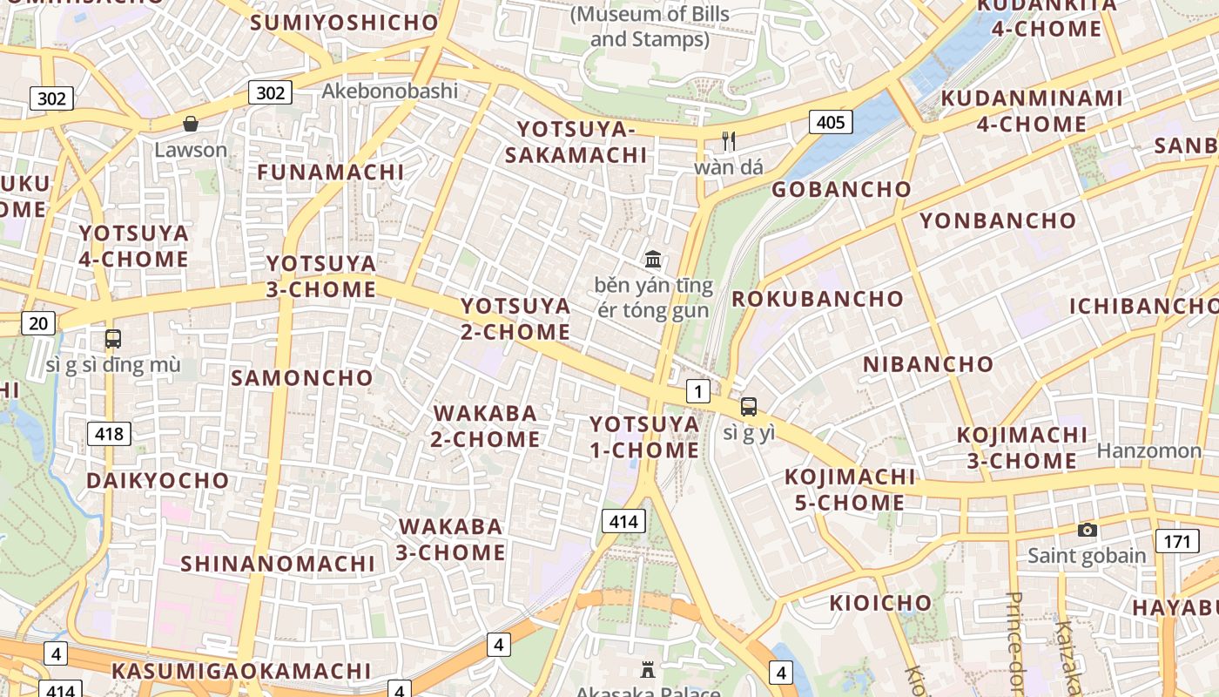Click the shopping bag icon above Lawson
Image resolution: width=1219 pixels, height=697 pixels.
point(191,125)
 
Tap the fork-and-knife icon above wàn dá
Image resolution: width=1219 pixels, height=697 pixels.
point(729,140)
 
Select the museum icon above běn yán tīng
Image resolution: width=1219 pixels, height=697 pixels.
point(653,259)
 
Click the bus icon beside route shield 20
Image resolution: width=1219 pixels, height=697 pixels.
point(112,339)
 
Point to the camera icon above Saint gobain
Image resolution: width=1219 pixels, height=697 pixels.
point(1087,530)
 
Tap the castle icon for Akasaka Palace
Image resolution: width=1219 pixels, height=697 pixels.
point(647,670)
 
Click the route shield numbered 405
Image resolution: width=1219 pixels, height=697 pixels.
point(830,122)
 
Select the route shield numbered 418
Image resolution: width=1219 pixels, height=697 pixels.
point(109,433)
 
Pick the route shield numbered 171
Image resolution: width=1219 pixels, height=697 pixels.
point(1176,541)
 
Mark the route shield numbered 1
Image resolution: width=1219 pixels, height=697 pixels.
point(697,391)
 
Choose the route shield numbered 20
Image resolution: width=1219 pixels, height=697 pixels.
point(38,324)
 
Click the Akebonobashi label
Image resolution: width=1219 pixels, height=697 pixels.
point(389,91)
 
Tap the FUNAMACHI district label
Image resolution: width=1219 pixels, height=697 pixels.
point(331,172)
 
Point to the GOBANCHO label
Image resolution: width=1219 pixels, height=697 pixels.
point(841,189)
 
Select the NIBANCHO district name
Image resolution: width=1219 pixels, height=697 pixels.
point(928,363)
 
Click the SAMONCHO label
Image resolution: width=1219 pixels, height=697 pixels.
point(301,377)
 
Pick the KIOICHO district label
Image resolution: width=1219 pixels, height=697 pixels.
point(880,602)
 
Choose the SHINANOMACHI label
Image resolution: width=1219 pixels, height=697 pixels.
point(278,563)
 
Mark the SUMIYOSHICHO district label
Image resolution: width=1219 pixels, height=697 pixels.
point(344,23)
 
